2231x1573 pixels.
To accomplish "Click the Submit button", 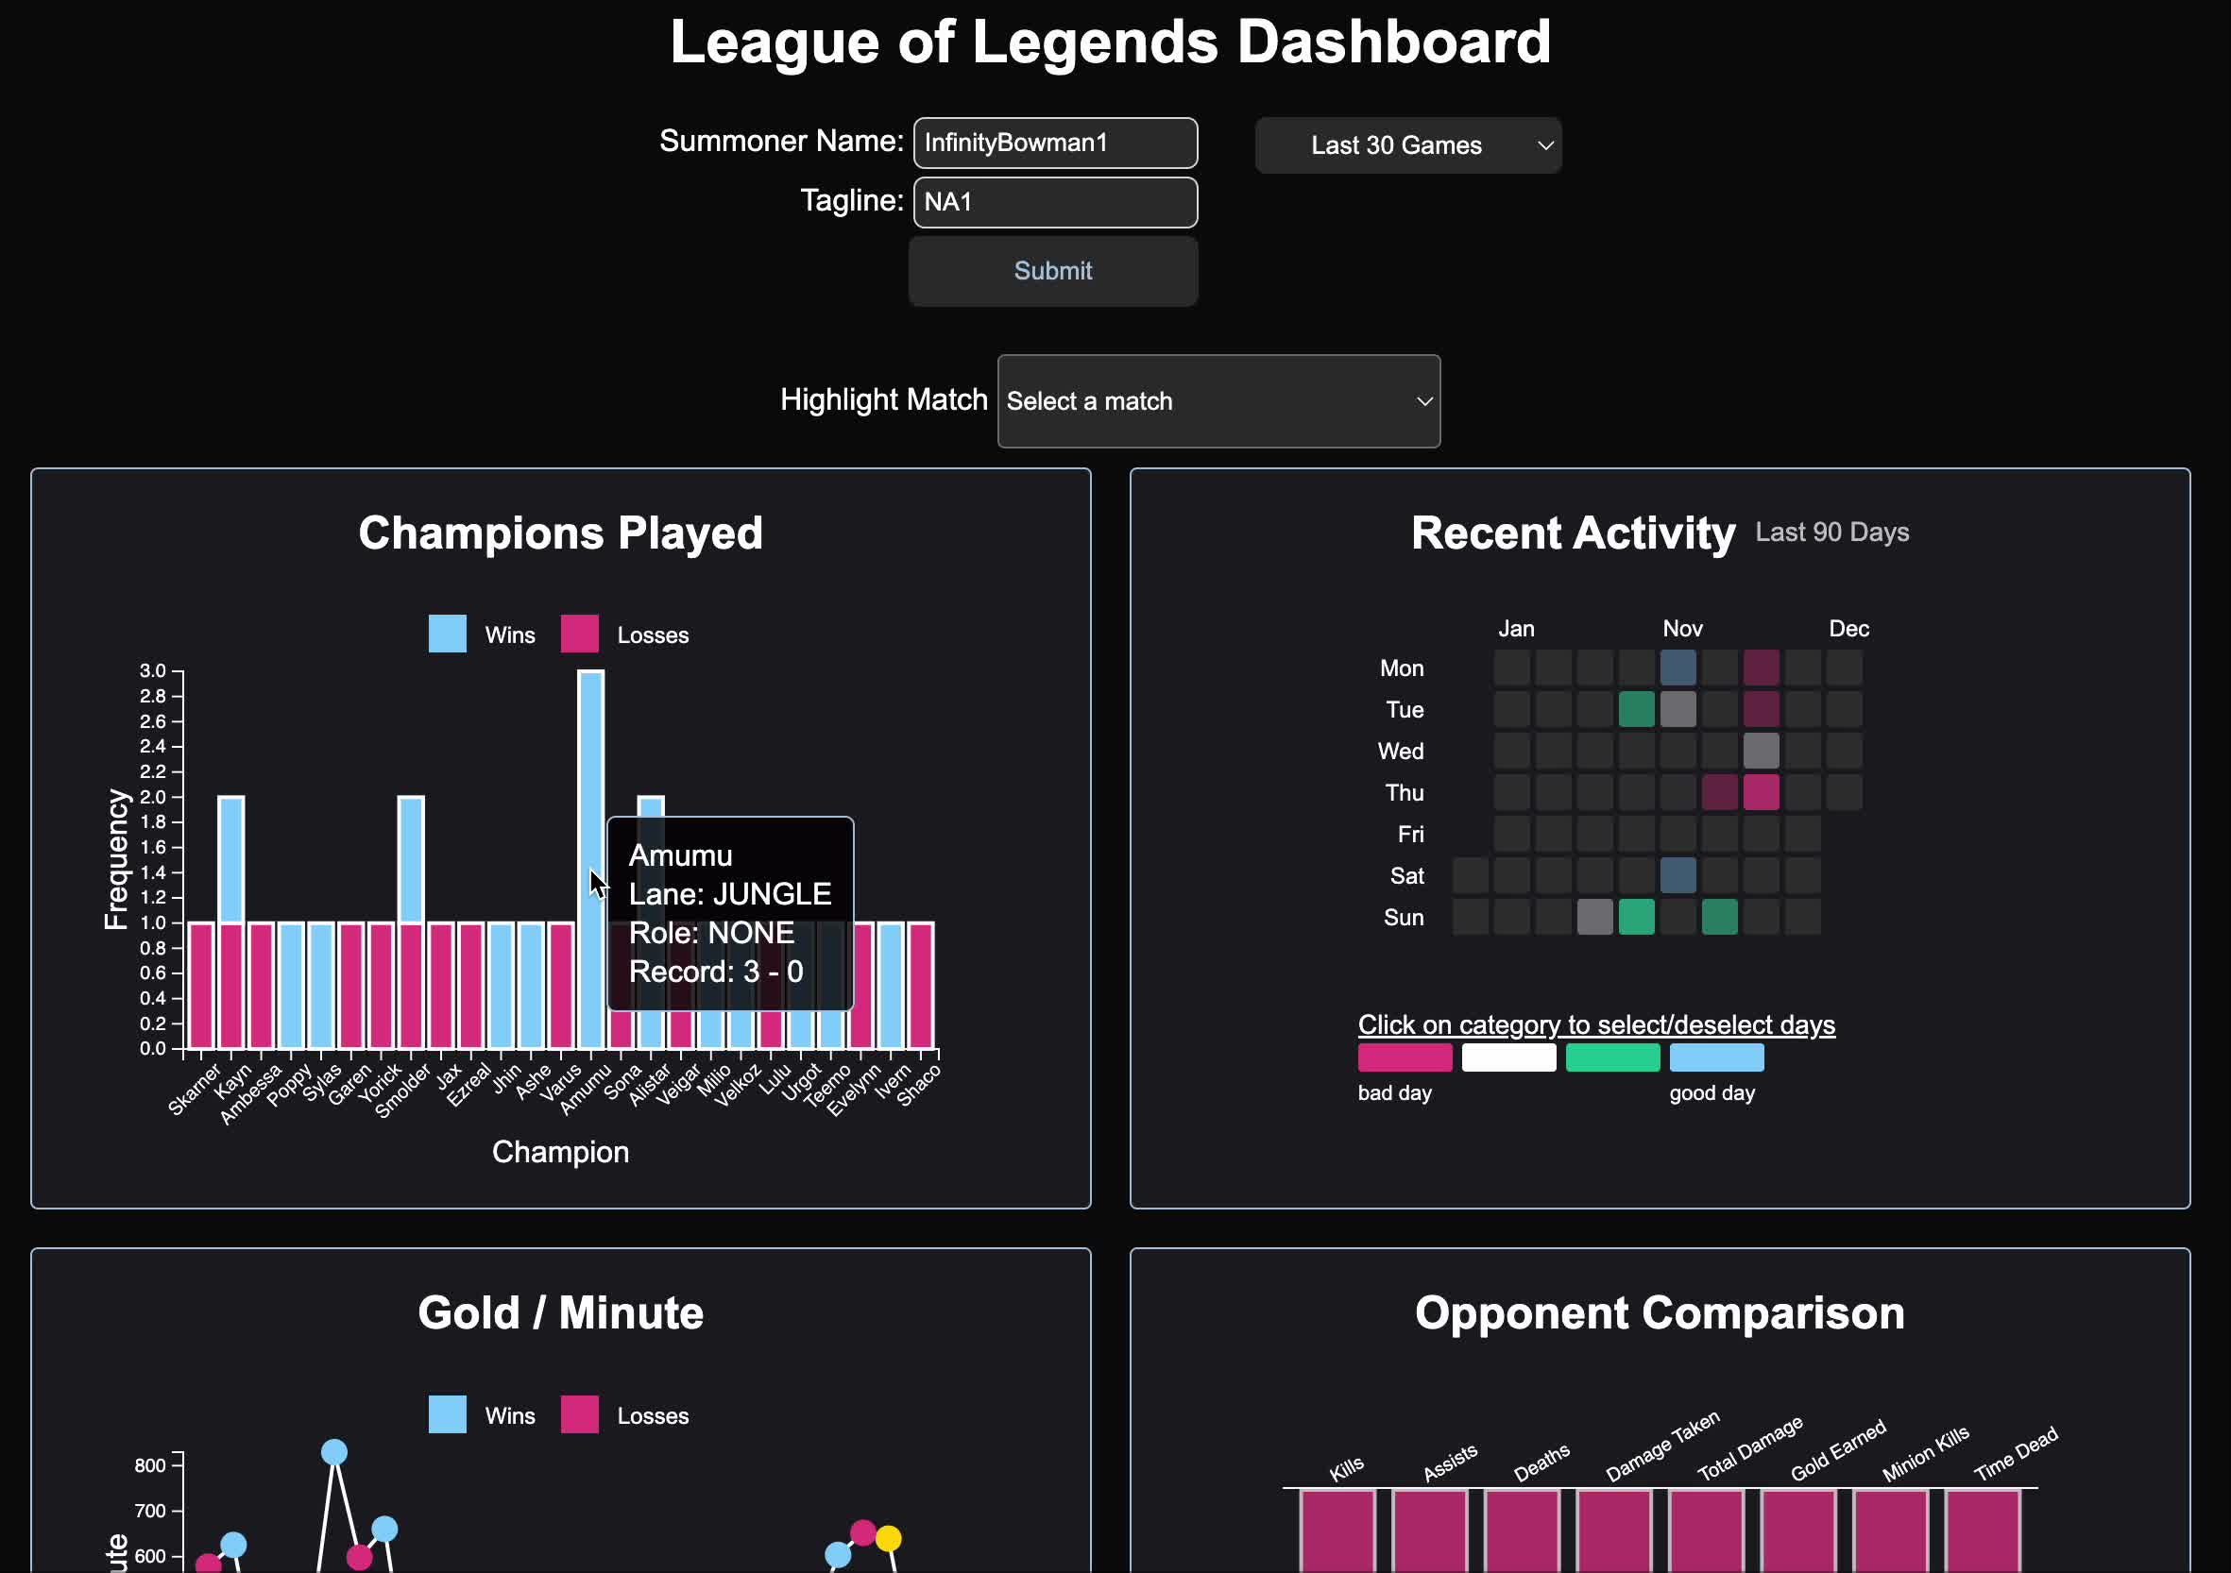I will click(1052, 271).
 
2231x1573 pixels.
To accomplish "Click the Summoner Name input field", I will click(1054, 143).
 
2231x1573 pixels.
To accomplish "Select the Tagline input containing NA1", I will click(1054, 202).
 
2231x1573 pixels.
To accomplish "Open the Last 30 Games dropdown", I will click(1407, 145).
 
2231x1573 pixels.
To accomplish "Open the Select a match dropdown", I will click(1218, 401).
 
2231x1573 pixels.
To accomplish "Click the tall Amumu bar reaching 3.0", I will click(589, 777).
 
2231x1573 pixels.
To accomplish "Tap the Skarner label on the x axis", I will click(195, 1090).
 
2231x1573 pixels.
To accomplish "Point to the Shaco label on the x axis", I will click(918, 1085).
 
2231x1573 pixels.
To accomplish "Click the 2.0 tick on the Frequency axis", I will click(153, 797).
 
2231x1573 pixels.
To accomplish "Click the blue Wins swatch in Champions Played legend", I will click(447, 634).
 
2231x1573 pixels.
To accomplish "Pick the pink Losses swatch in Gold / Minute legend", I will click(579, 1414).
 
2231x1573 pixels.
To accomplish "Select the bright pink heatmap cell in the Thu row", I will click(1760, 793).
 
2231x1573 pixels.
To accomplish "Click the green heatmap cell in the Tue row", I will click(1636, 709).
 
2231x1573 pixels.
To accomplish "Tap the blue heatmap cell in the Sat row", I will click(1678, 875).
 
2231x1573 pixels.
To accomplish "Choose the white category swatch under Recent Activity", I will click(1508, 1057).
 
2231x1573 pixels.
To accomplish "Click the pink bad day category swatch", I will click(1405, 1057).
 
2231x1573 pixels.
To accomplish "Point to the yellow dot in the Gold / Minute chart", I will click(888, 1538).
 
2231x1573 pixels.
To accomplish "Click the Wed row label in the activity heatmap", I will click(1400, 751).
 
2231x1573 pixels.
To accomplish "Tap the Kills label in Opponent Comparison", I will click(1347, 1469).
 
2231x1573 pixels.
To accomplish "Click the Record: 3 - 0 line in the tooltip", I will click(716, 972).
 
